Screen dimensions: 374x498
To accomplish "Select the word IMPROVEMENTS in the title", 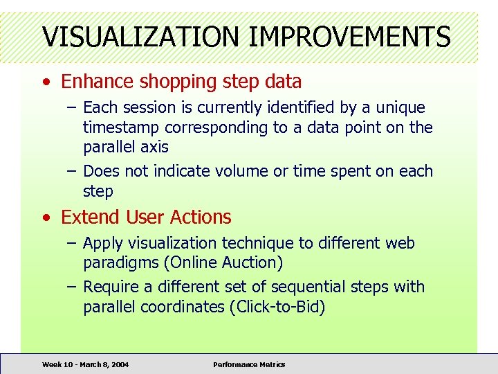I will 349,36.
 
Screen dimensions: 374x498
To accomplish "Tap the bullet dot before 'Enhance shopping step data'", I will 45,82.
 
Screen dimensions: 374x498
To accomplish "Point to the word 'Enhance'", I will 98,82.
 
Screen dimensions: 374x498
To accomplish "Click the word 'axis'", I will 153,147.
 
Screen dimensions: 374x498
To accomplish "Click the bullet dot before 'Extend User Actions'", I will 45,217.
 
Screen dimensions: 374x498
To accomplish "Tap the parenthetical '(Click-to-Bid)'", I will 276,307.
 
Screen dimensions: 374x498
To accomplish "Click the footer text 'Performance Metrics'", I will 249,364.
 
